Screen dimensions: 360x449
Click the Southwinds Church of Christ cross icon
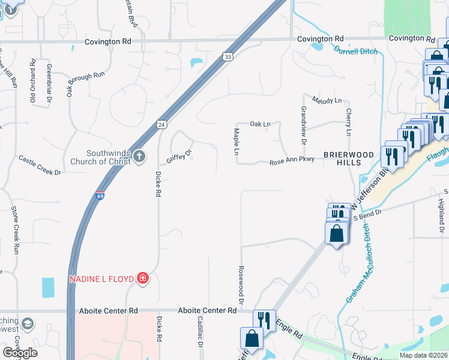point(139,157)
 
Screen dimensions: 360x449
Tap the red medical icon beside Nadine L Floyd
point(142,278)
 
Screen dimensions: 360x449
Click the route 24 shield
point(161,124)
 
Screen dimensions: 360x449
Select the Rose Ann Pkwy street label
point(292,162)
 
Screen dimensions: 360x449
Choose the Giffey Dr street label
point(179,157)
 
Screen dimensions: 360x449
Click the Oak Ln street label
point(261,124)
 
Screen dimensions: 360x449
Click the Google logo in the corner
point(20,353)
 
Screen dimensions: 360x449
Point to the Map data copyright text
point(415,355)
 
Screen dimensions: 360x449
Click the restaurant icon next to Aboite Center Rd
point(264,319)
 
